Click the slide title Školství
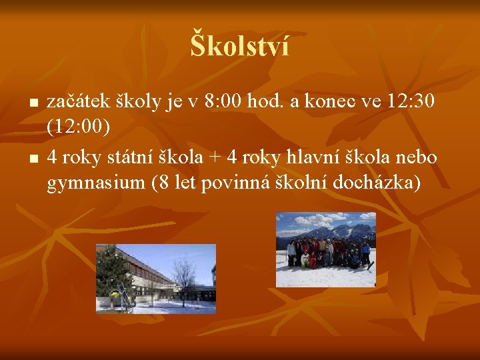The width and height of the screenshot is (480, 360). pyautogui.click(x=240, y=46)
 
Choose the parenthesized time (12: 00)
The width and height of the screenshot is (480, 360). pyautogui.click(x=78, y=126)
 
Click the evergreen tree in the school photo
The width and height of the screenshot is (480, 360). pyautogui.click(x=113, y=273)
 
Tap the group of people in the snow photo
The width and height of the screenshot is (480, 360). pyautogui.click(x=327, y=253)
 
